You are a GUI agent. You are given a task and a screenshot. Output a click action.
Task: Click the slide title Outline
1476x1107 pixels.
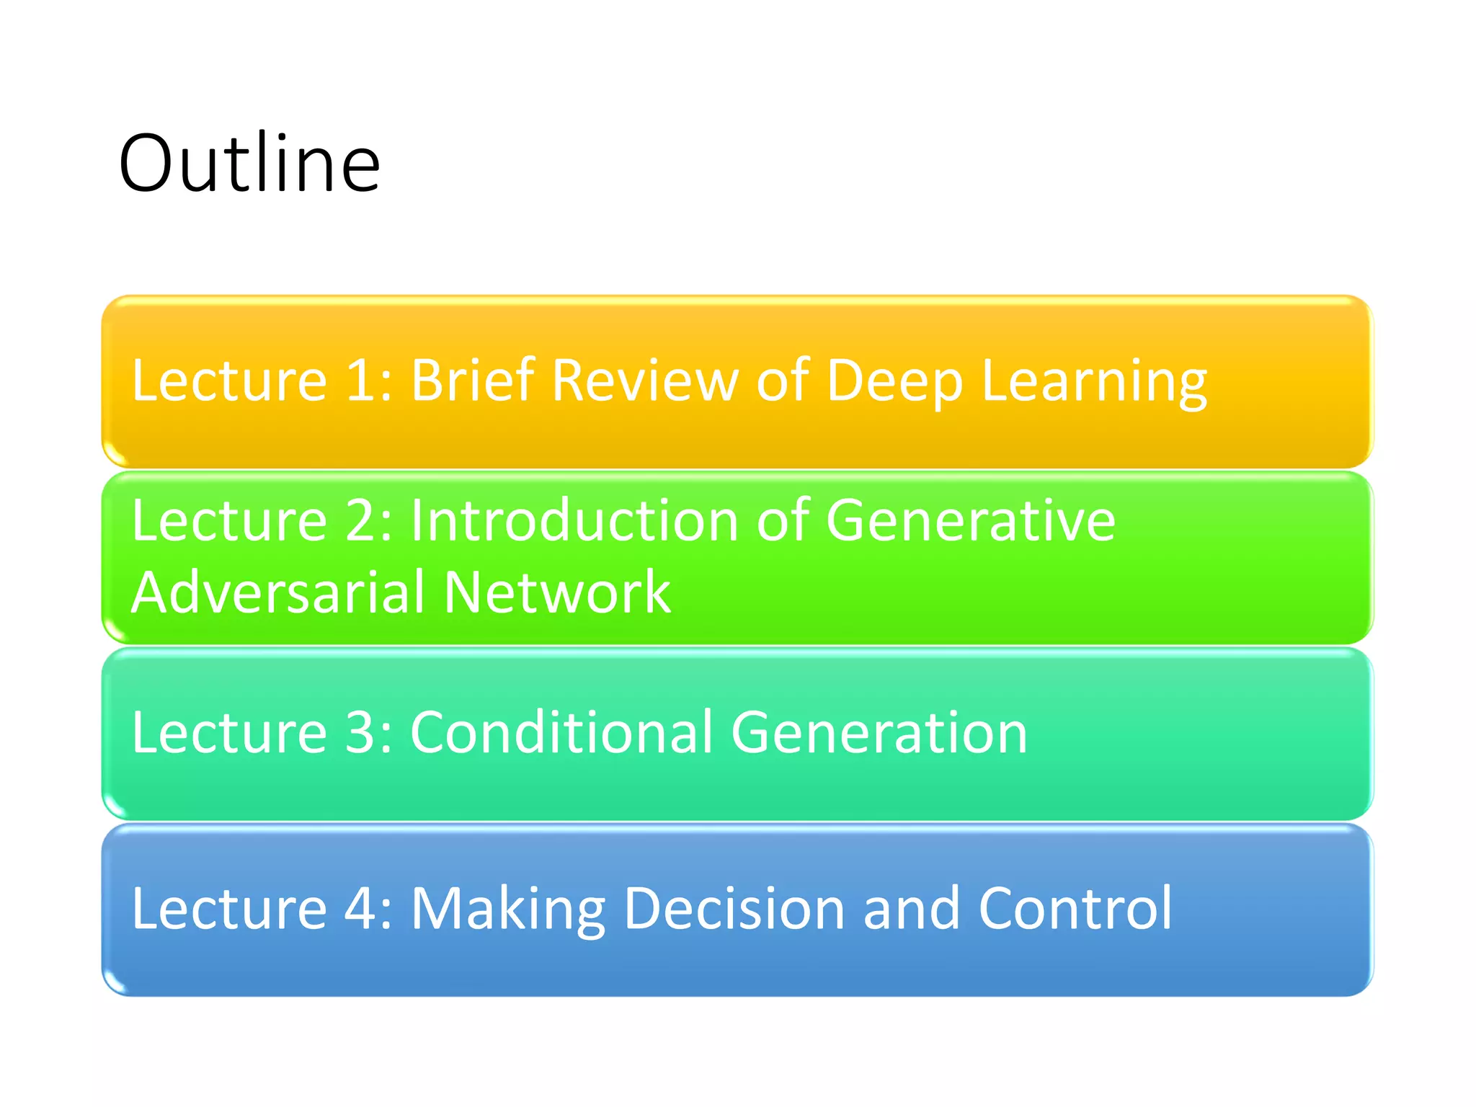pos(249,164)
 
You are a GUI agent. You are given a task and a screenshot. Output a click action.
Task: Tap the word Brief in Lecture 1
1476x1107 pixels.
pos(472,380)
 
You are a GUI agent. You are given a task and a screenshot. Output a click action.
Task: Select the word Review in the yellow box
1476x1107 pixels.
pos(645,380)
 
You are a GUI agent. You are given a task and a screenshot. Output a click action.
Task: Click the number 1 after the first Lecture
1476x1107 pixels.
pos(363,380)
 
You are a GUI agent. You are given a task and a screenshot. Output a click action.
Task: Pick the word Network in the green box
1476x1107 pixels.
pos(557,592)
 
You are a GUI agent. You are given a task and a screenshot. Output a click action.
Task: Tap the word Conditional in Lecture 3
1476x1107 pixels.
pos(561,732)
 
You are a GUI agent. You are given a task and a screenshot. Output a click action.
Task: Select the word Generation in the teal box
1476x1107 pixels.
pos(879,732)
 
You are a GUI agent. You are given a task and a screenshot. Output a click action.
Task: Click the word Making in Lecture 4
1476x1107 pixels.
pos(507,910)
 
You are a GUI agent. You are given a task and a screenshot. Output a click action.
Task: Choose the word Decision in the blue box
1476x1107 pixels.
pos(734,908)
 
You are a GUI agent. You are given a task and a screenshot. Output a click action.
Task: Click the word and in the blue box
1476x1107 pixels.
pos(911,908)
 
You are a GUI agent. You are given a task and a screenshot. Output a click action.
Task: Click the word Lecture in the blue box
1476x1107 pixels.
pos(229,908)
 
